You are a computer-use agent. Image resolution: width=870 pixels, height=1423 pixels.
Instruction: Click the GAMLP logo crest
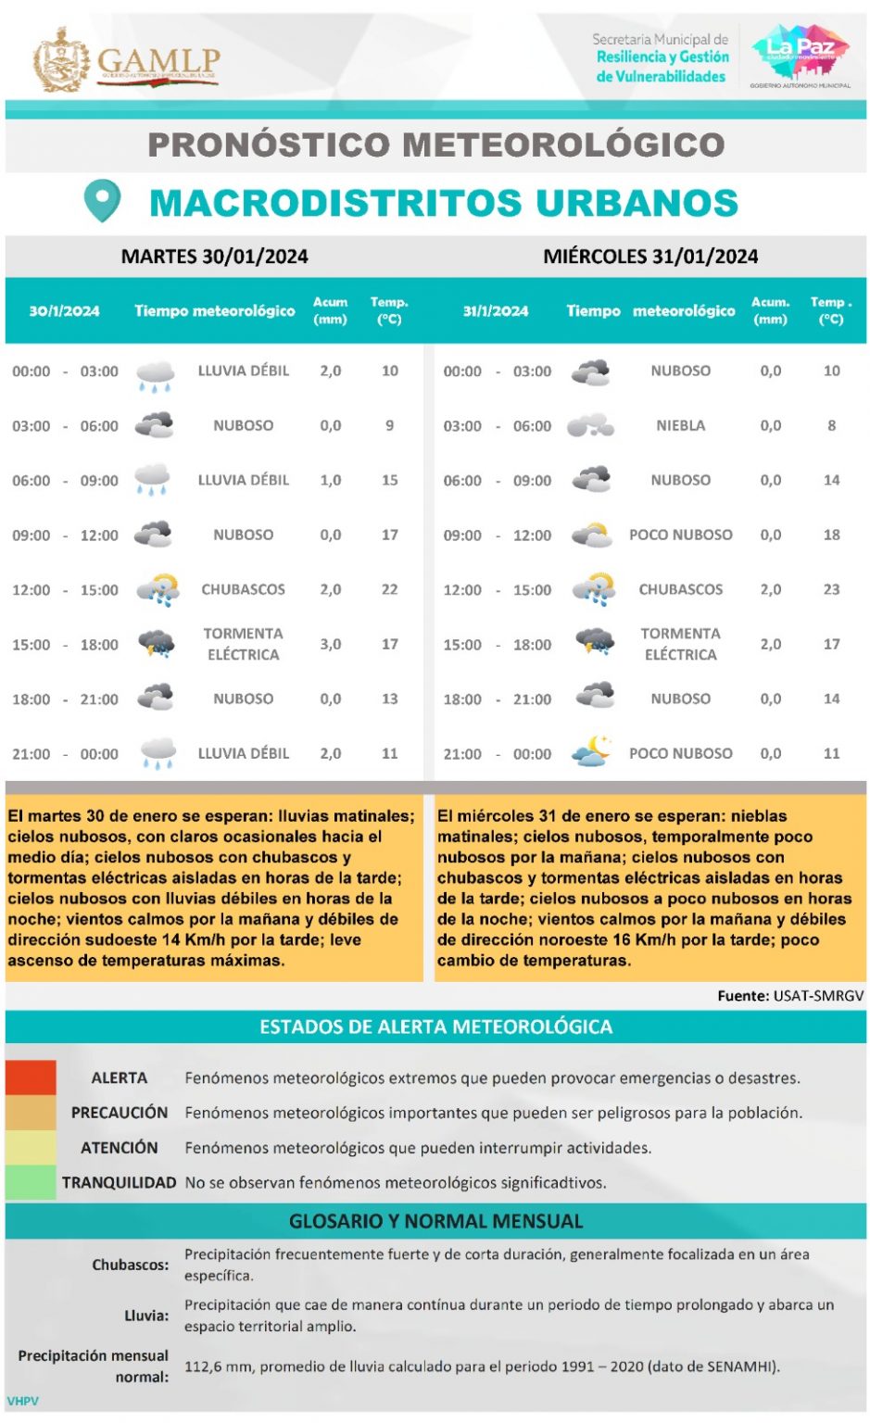click(x=61, y=60)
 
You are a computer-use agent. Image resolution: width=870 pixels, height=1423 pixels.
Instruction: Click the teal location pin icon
click(x=102, y=200)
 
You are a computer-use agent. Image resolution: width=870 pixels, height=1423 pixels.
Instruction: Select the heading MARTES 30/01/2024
click(x=214, y=257)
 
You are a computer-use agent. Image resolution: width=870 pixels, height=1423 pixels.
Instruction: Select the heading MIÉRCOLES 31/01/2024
click(x=650, y=257)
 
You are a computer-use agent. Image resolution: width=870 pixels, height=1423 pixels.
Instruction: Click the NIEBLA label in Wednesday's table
click(x=680, y=425)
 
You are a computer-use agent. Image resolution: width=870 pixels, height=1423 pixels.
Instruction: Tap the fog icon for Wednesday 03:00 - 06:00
click(x=590, y=426)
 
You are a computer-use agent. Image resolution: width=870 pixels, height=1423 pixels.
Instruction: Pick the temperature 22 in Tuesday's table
click(x=389, y=589)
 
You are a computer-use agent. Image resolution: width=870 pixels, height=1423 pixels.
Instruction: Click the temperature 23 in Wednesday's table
click(x=831, y=589)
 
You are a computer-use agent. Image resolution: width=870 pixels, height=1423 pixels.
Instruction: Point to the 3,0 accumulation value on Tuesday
click(x=331, y=644)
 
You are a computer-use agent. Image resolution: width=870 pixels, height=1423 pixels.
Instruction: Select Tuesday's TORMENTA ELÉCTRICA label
click(x=243, y=644)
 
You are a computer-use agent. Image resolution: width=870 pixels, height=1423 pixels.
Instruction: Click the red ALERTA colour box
click(x=31, y=1077)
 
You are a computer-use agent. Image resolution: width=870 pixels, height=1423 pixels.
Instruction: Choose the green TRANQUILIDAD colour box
click(x=31, y=1182)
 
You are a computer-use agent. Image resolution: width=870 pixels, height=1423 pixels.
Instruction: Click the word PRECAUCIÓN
click(x=120, y=1113)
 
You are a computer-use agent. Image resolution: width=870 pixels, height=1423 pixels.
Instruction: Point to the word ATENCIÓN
click(x=120, y=1148)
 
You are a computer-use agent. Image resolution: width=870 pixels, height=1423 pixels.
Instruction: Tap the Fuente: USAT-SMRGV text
click(x=790, y=996)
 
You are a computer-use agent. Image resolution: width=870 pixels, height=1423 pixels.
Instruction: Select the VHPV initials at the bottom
click(x=23, y=1401)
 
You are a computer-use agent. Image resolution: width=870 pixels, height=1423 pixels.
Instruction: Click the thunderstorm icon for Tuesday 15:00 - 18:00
click(x=156, y=643)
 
